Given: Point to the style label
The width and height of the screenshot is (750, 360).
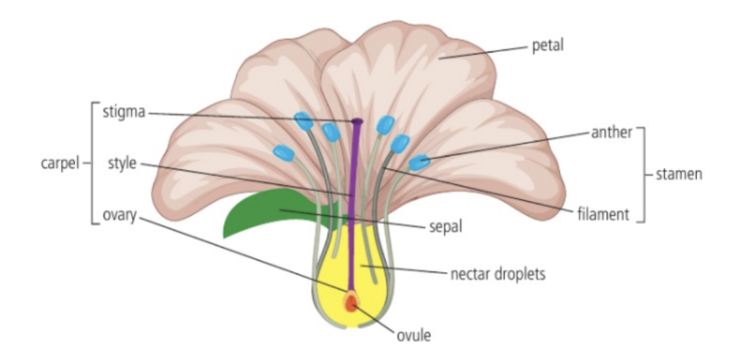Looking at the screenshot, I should [x=122, y=163].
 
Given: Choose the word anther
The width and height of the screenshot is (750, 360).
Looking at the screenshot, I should [x=613, y=132].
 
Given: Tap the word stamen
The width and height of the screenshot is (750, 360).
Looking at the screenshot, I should [x=678, y=175].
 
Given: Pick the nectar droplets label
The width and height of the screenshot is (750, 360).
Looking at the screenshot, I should [x=496, y=274].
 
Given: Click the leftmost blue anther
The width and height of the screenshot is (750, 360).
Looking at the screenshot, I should [x=284, y=153].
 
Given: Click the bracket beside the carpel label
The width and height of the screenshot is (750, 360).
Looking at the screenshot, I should [x=92, y=163].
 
